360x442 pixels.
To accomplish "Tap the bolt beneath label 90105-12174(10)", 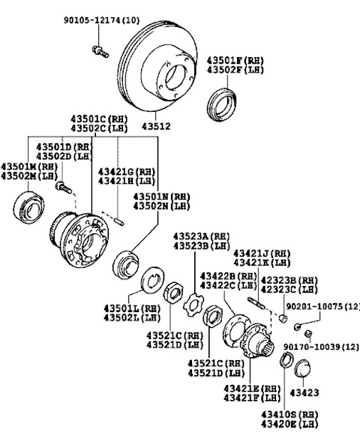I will click(x=97, y=51).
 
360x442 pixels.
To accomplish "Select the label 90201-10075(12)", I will click(x=322, y=307).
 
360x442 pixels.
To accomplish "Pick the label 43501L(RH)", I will click(x=132, y=308).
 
